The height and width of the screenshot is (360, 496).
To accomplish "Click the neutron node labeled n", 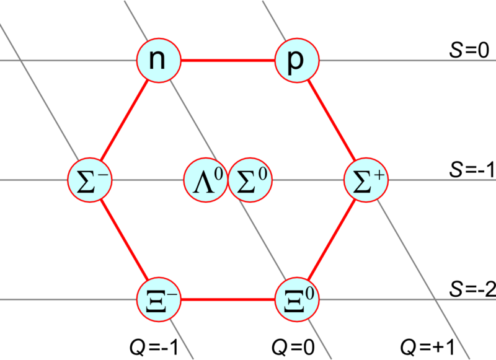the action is point(159,61).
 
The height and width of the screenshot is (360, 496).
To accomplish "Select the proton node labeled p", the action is point(296,61).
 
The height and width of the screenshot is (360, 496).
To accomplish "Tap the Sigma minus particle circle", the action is point(90,180).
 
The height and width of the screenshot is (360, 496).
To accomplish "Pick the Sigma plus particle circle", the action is point(366,180).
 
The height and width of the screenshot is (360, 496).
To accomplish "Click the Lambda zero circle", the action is point(205,180).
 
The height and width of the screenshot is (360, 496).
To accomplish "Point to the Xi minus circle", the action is point(159,300).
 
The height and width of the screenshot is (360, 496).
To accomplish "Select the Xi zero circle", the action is point(296,300).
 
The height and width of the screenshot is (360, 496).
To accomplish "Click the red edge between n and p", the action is point(228,61).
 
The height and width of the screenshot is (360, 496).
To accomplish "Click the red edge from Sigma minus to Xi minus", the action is point(124,240).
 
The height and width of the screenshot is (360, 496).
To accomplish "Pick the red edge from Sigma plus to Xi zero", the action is point(331,240).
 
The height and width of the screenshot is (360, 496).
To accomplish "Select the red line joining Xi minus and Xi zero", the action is point(228,300).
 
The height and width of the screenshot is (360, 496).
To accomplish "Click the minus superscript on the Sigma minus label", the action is point(104,174).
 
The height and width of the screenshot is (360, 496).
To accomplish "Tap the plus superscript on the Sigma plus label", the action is point(379,175).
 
